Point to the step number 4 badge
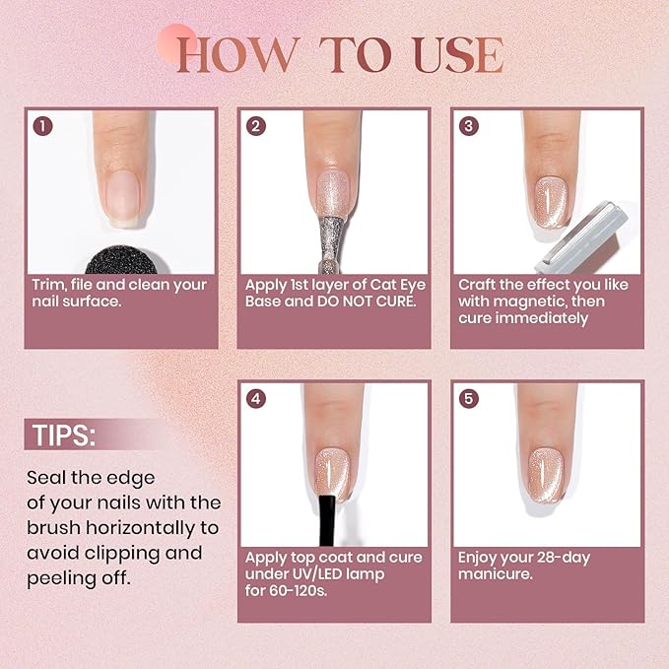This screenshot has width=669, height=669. click(256, 399)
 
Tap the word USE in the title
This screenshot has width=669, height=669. click(451, 55)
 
